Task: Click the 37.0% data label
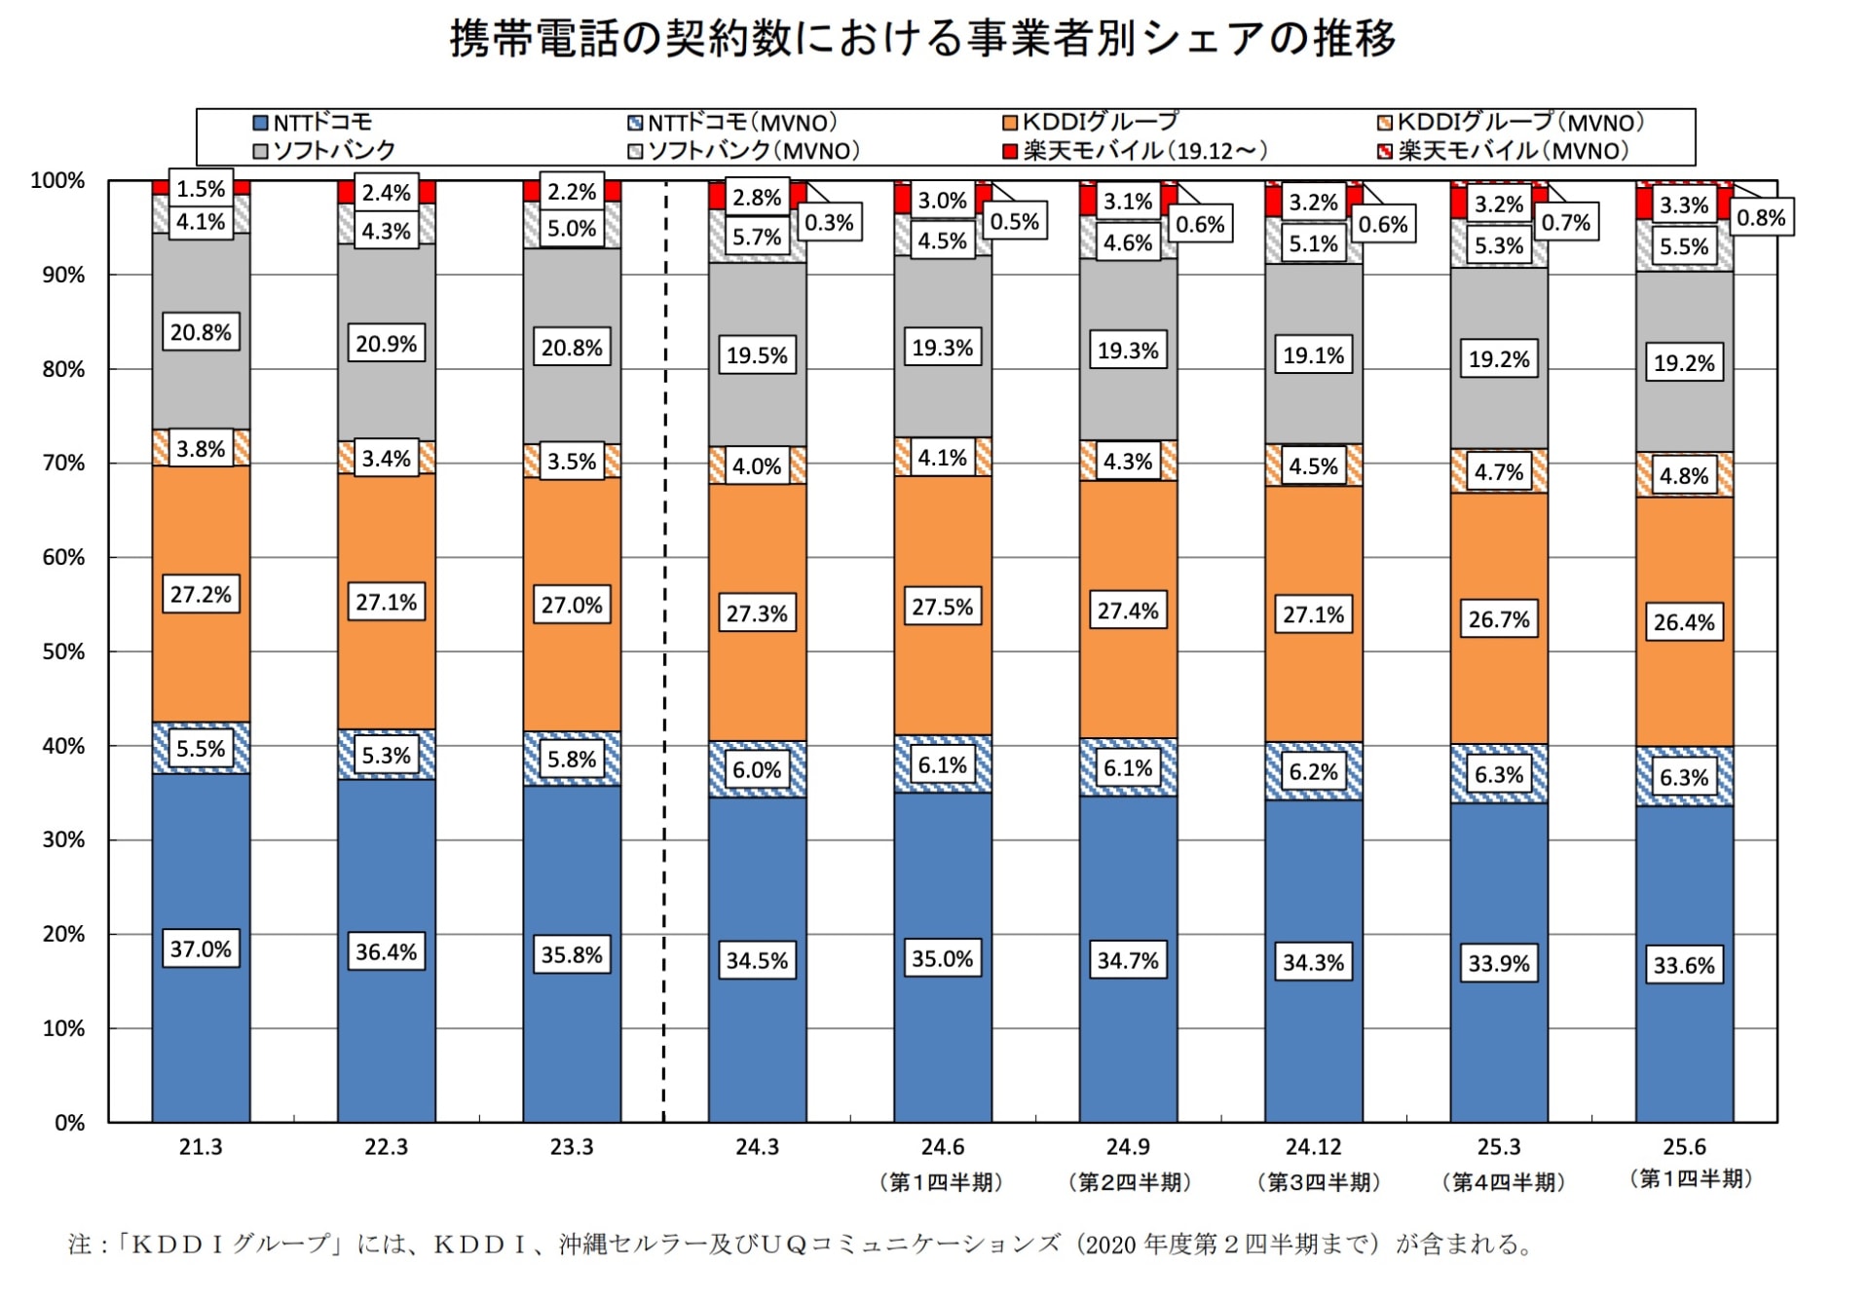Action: [x=201, y=948]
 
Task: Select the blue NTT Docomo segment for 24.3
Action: [x=757, y=1052]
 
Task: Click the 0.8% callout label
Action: [x=1761, y=217]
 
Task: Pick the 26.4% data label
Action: [x=1684, y=622]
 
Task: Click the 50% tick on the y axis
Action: [x=63, y=651]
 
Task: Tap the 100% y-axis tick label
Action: [x=57, y=180]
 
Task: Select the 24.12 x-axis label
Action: [x=1313, y=1147]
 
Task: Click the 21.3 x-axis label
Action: [x=201, y=1147]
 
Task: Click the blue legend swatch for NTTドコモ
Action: [x=260, y=123]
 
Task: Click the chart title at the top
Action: [x=922, y=39]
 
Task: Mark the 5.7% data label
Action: [x=757, y=237]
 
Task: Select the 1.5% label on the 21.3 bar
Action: [x=201, y=189]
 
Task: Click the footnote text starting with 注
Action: [x=799, y=1244]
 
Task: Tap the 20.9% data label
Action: [x=386, y=344]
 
